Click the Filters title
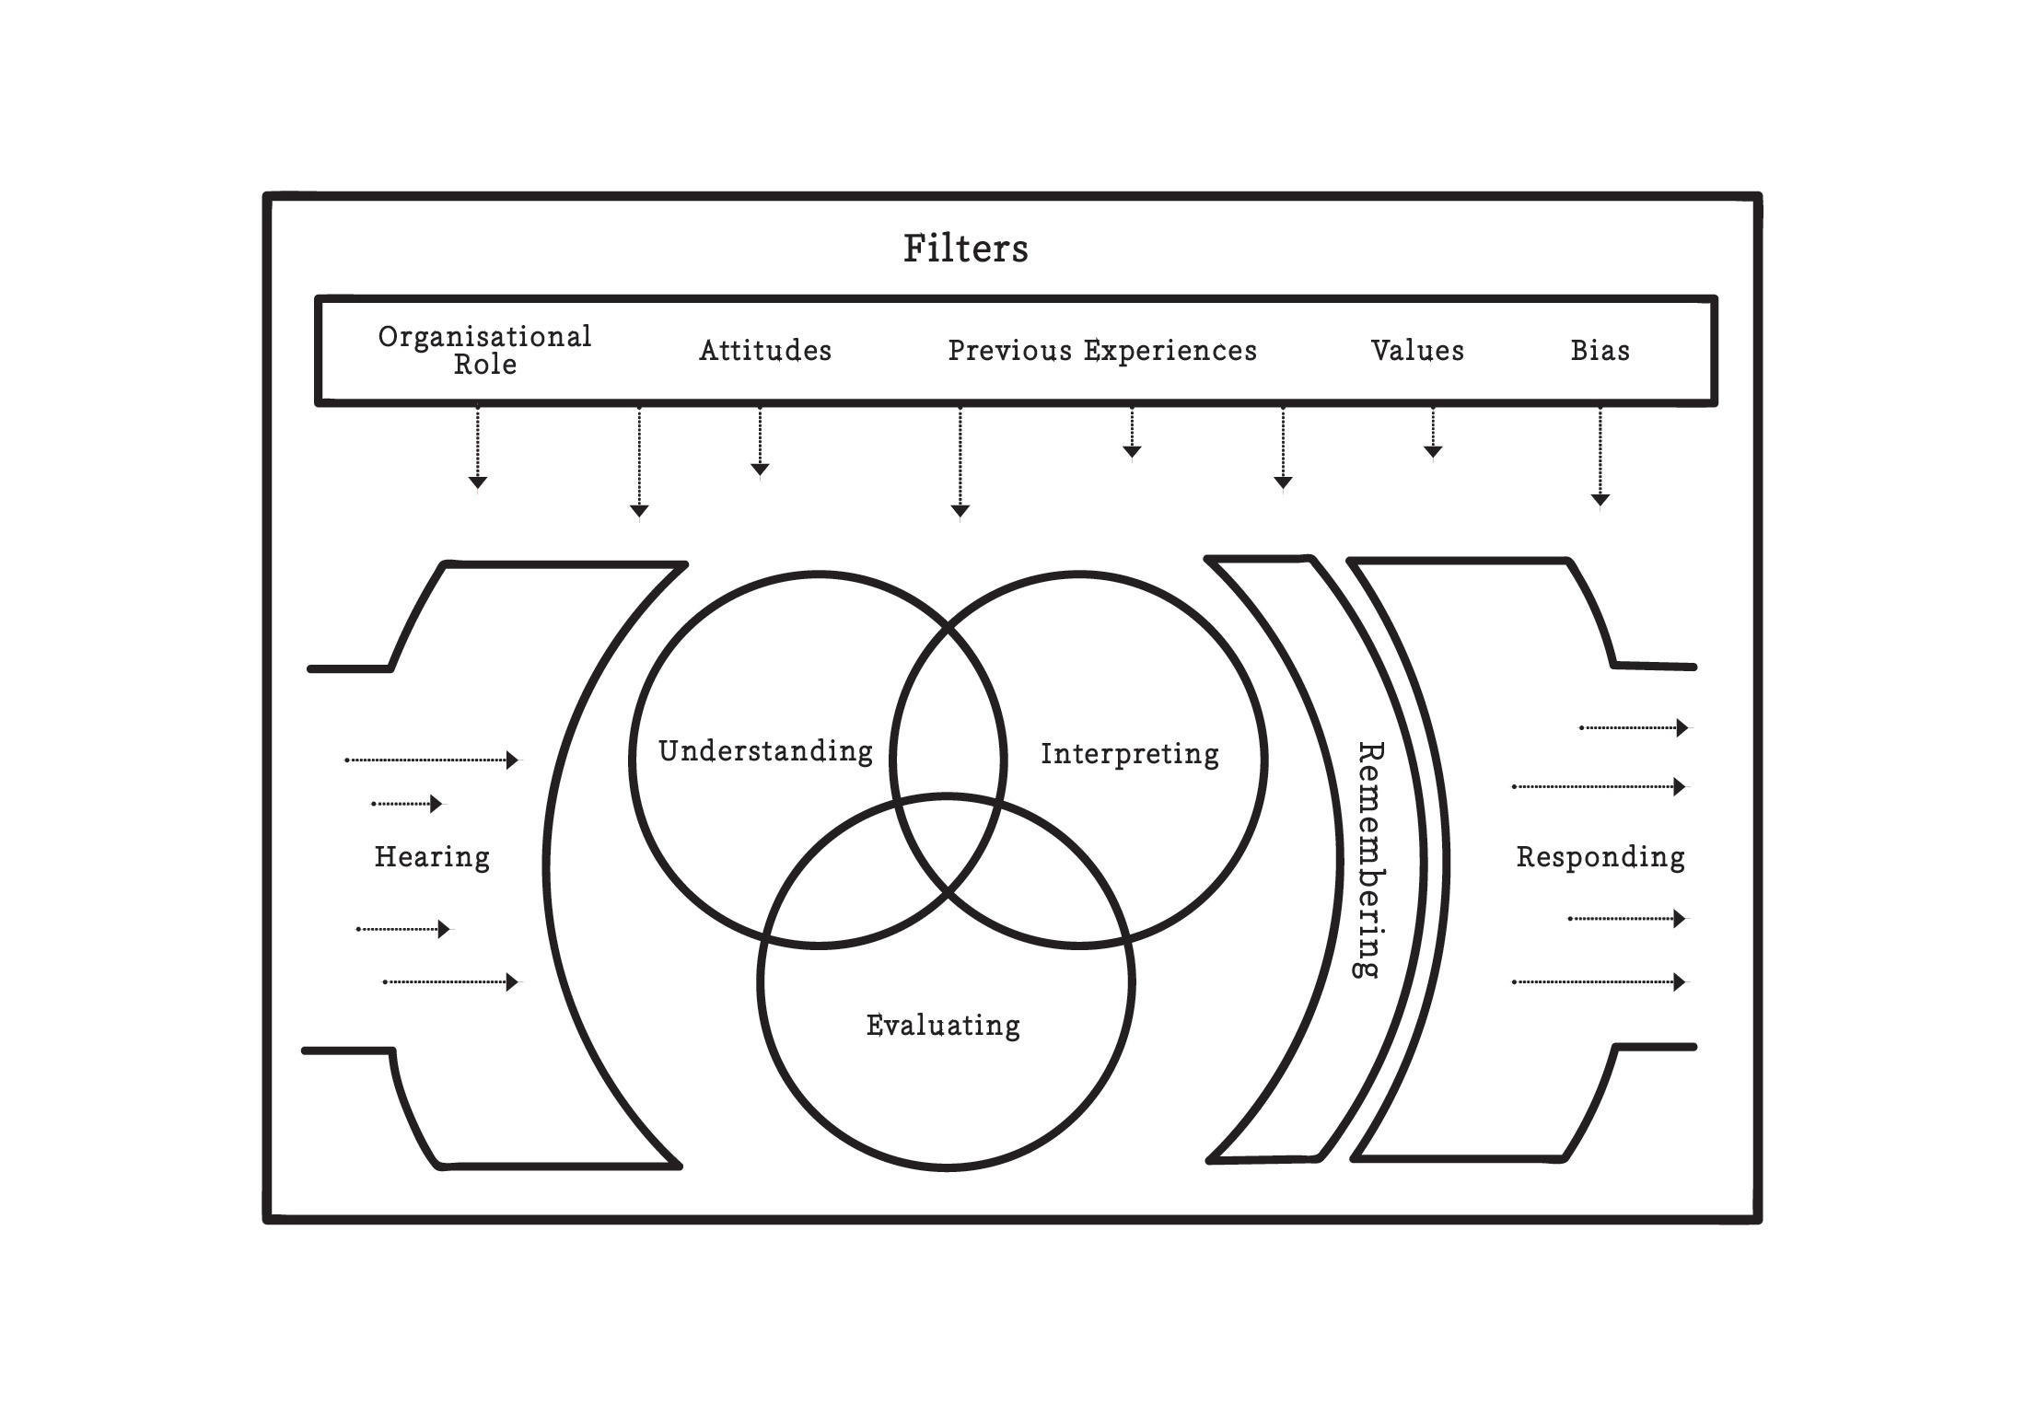(965, 249)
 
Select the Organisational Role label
(484, 350)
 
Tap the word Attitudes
(765, 351)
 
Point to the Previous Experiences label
(1102, 351)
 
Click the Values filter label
(1417, 351)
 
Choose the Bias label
(1600, 351)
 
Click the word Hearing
(432, 857)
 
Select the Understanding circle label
(765, 751)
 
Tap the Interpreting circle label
(1130, 754)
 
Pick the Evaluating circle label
(943, 1026)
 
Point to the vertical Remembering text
(1371, 861)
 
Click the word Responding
(1600, 857)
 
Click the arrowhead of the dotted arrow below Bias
(1600, 500)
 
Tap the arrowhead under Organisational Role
(477, 482)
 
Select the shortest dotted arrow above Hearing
(406, 804)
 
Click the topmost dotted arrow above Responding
(1635, 728)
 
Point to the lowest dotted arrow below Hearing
(451, 982)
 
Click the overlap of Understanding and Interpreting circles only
(948, 709)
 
